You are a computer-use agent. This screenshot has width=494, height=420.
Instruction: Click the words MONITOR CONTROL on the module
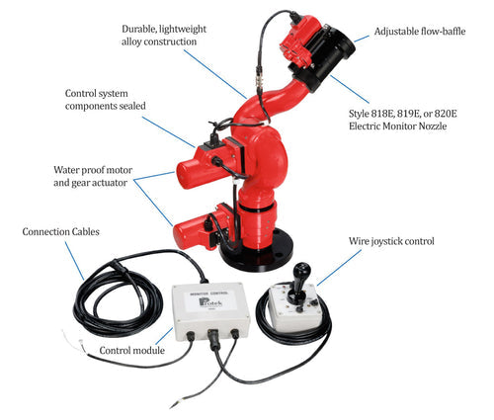click(204, 294)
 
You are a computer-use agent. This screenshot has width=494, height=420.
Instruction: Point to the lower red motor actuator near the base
click(197, 229)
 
